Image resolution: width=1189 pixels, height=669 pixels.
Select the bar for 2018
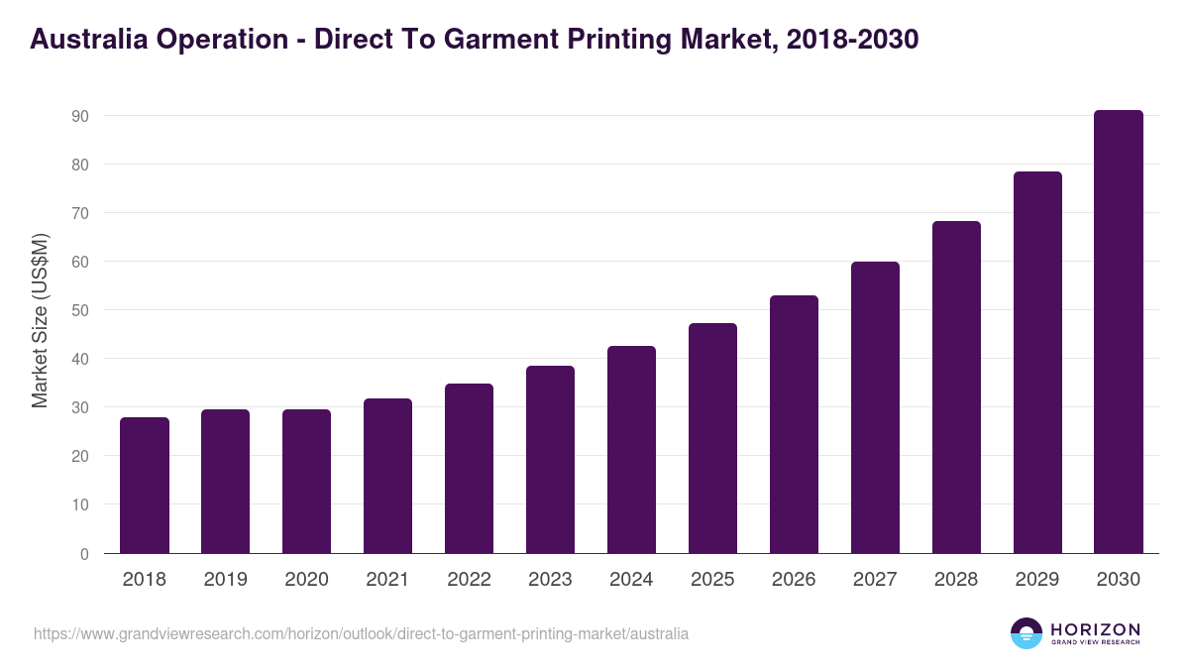coord(145,486)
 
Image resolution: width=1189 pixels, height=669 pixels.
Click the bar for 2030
coord(1119,332)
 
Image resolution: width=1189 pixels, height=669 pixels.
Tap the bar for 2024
coord(631,450)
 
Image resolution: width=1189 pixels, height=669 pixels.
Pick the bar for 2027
coord(875,407)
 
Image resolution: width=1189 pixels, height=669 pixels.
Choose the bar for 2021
coord(387,476)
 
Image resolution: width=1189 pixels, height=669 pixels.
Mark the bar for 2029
coord(1037,363)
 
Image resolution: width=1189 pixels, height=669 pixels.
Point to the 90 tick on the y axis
coord(80,116)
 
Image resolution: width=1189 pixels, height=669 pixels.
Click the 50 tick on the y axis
coord(80,310)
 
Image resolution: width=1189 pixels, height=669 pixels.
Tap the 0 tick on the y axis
coord(84,554)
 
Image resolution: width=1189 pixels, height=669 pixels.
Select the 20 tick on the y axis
coord(80,456)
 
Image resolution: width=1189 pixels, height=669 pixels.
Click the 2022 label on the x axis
coord(469,580)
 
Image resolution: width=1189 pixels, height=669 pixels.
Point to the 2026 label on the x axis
coord(794,580)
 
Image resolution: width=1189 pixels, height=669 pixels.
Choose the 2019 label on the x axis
coord(225,580)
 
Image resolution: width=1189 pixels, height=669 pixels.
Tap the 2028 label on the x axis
coord(956,580)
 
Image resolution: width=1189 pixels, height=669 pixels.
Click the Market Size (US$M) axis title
coord(41,320)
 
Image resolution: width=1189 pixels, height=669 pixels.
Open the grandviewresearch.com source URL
coord(361,633)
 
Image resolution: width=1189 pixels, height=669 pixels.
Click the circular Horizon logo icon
coord(1027,633)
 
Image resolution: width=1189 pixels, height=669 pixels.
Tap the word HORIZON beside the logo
coord(1095,629)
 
